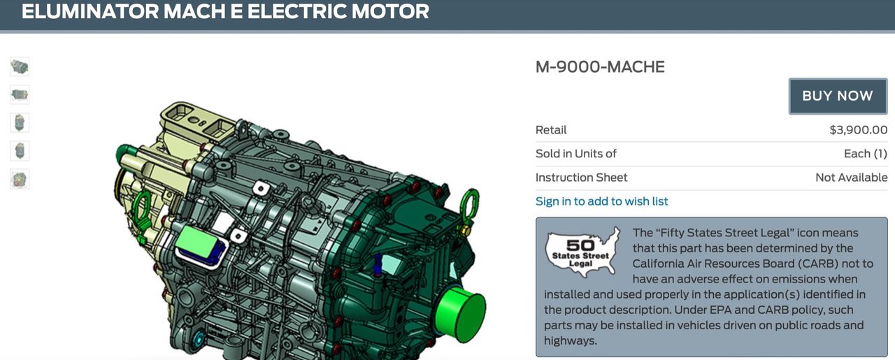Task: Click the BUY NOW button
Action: point(838,96)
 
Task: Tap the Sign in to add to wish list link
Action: point(601,201)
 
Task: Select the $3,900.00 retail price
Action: point(858,130)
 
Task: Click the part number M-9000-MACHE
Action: point(600,67)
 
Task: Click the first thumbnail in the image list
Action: point(20,67)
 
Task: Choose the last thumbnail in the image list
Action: point(20,179)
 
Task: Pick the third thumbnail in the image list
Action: point(20,123)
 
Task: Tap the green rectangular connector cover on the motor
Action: point(196,241)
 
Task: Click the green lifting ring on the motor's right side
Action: point(470,203)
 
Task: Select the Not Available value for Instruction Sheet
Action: point(851,178)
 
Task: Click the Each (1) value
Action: point(865,154)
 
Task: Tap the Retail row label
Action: point(551,130)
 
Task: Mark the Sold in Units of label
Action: point(575,154)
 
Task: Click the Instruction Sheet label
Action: point(581,178)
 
